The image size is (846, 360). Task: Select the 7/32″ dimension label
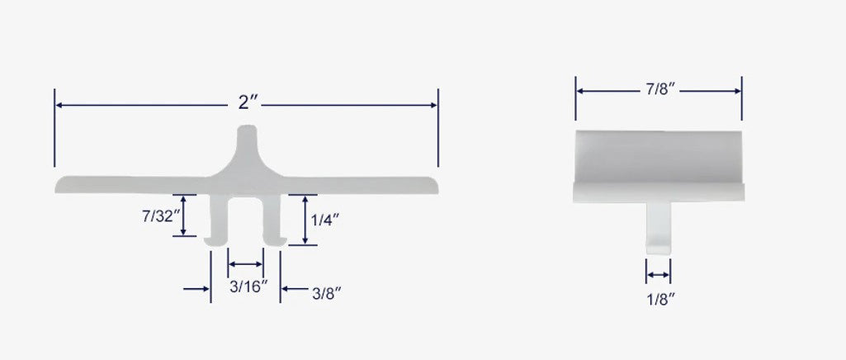tap(158, 216)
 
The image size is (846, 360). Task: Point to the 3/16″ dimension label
tap(247, 287)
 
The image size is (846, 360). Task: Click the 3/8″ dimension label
tap(326, 292)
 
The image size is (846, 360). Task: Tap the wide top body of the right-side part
tap(659, 161)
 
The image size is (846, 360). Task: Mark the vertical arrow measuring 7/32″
tap(183, 216)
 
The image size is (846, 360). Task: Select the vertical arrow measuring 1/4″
tap(305, 220)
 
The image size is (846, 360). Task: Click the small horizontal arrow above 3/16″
tap(246, 264)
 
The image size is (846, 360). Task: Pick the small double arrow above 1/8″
tap(659, 274)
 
